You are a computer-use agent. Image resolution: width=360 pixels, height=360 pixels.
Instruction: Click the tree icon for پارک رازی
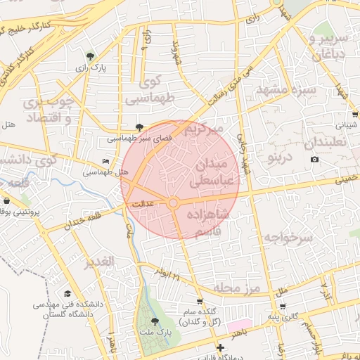[89, 56]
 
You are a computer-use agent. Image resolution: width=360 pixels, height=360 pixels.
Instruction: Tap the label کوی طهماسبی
[149, 91]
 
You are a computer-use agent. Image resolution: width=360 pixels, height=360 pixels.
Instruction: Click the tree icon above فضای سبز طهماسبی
[139, 128]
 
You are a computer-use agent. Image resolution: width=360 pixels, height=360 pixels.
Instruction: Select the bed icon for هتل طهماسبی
[105, 162]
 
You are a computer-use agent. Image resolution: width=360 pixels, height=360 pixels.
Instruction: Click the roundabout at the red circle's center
[174, 203]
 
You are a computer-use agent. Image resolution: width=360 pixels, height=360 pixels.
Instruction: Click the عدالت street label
[140, 202]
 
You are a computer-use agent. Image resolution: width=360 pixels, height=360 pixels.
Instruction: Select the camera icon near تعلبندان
[314, 160]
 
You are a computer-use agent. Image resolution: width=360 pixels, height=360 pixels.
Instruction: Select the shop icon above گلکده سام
[200, 302]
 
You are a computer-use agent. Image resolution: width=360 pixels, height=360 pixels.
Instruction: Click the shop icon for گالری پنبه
[283, 306]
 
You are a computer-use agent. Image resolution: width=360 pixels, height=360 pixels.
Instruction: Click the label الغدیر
[98, 263]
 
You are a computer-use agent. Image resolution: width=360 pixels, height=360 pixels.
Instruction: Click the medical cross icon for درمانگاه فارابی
[221, 347]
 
